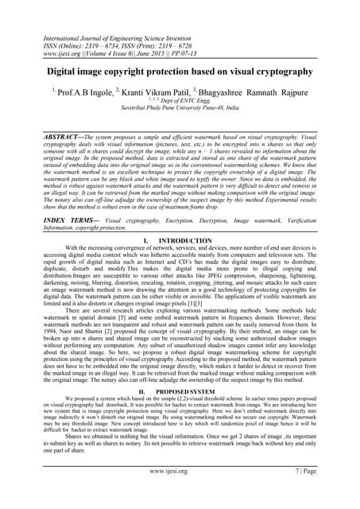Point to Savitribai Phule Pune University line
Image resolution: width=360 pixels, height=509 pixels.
[180, 112]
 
